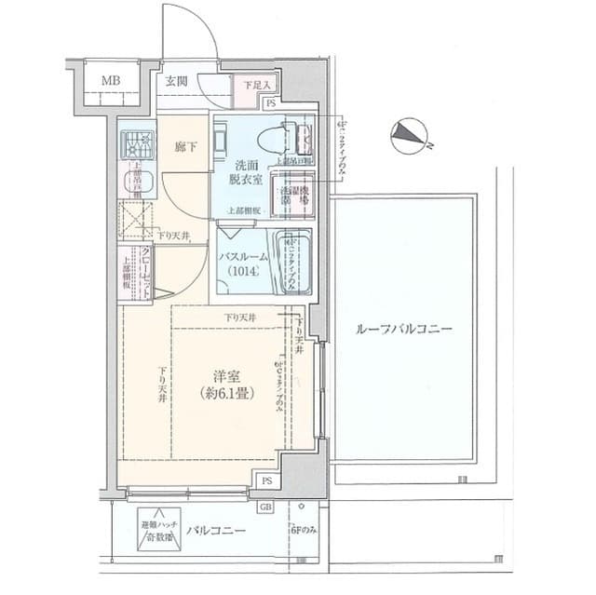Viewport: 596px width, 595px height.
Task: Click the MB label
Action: click(110, 80)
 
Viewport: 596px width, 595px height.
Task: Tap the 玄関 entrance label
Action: click(177, 80)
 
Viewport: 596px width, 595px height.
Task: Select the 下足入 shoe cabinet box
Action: click(253, 86)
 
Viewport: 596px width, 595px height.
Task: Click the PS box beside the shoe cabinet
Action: click(269, 103)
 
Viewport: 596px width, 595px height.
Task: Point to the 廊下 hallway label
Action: click(186, 146)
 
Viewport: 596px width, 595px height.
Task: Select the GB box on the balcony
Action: click(266, 507)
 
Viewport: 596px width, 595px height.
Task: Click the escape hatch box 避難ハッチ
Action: click(156, 530)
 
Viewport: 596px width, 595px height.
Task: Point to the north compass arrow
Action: click(407, 136)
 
